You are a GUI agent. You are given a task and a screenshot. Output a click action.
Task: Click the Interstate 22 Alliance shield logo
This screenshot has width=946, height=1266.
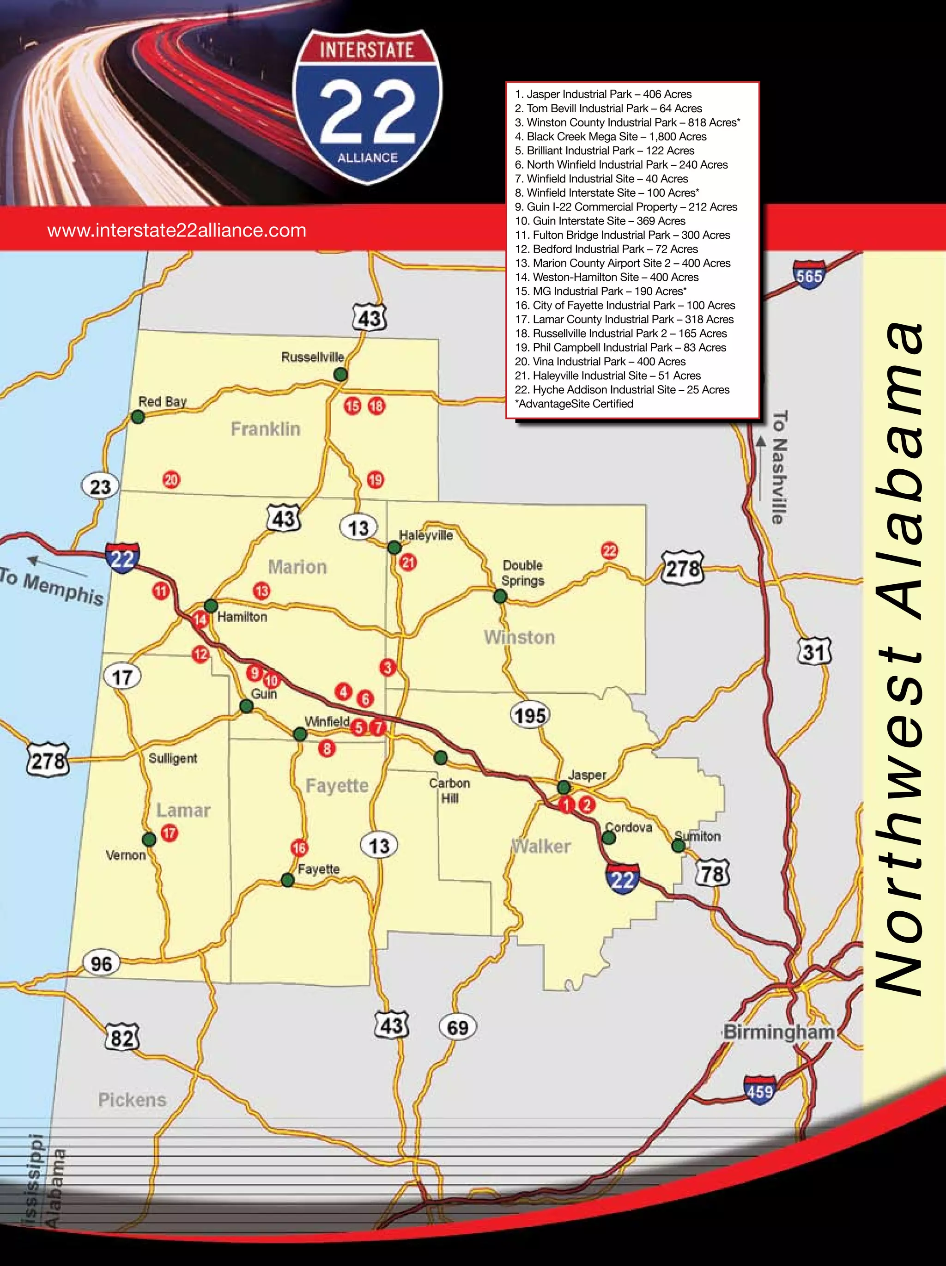(367, 107)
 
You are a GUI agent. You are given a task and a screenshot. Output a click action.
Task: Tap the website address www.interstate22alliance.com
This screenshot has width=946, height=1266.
(177, 230)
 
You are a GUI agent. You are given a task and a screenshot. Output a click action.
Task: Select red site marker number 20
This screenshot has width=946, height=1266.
(171, 479)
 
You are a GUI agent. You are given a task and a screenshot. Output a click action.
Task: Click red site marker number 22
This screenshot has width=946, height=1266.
(609, 551)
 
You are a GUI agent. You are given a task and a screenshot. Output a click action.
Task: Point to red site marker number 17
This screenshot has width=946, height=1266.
(169, 833)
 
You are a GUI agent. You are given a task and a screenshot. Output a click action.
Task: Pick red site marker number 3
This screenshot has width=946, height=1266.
(388, 667)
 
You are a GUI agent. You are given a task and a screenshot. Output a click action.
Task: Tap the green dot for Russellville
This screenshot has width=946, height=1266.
(340, 374)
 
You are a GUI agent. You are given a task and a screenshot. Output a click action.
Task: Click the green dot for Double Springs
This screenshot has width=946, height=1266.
(500, 596)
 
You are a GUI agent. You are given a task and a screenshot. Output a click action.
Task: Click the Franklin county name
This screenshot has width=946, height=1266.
(266, 429)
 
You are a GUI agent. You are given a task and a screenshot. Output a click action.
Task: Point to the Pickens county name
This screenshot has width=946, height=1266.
(132, 1099)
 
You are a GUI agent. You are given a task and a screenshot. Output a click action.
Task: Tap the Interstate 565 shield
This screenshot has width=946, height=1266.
(809, 276)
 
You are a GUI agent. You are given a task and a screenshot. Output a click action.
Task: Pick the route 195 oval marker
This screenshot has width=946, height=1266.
(529, 715)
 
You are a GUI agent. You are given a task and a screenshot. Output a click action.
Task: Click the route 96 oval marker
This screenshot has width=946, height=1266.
(101, 963)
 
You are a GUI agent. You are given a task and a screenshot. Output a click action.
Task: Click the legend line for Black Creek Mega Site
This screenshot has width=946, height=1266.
(611, 136)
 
